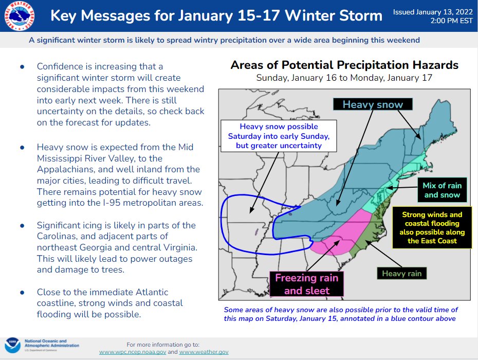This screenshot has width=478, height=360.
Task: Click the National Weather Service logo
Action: (16, 16)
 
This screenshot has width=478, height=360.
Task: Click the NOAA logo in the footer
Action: (12, 345)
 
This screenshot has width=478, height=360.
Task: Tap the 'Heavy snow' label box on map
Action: (373, 104)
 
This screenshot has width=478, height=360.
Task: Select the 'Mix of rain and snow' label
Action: (442, 190)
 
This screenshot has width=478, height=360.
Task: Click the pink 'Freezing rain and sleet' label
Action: (307, 284)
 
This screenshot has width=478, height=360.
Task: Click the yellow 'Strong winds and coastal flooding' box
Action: (432, 227)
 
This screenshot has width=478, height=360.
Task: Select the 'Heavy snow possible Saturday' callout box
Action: (279, 136)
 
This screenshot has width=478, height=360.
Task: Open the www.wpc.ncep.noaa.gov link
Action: (132, 352)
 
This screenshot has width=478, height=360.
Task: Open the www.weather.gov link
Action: (204, 352)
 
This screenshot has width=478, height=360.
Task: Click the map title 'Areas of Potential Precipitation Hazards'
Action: (344, 65)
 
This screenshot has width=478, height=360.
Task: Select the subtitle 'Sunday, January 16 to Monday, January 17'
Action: (344, 78)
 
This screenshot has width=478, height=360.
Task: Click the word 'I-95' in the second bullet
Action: (137, 203)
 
